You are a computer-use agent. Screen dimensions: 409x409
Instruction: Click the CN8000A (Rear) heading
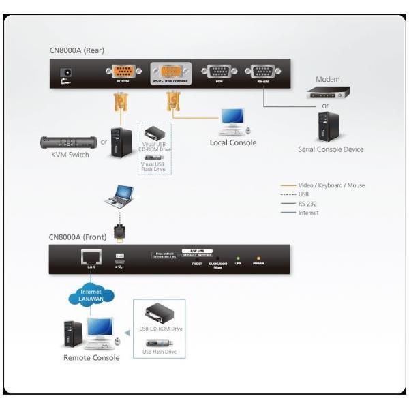click(x=76, y=50)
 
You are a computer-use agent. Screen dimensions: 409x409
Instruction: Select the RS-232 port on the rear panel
click(x=262, y=72)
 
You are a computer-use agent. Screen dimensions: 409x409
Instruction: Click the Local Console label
click(x=233, y=142)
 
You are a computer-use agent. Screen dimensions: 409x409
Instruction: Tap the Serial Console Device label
click(x=331, y=149)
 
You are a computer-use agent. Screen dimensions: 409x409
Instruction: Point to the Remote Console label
click(x=91, y=357)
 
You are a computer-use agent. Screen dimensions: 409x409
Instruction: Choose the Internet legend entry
click(x=308, y=213)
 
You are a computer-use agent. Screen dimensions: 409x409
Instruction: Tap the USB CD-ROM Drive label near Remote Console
click(x=162, y=329)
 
